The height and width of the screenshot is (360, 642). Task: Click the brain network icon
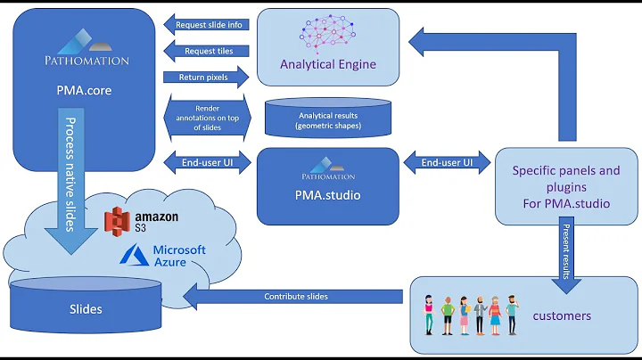click(327, 34)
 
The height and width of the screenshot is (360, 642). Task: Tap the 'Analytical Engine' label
click(327, 64)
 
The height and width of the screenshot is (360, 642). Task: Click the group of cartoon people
click(470, 314)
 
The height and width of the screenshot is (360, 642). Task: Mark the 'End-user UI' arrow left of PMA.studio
click(209, 163)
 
